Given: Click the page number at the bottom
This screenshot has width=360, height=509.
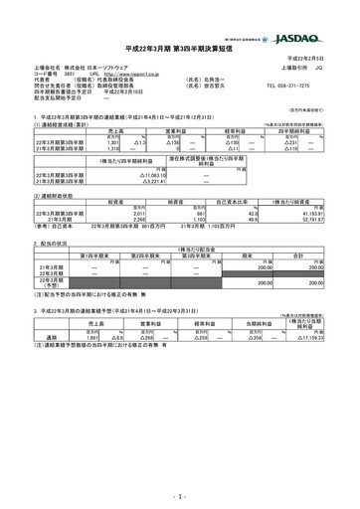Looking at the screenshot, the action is click(180, 494).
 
